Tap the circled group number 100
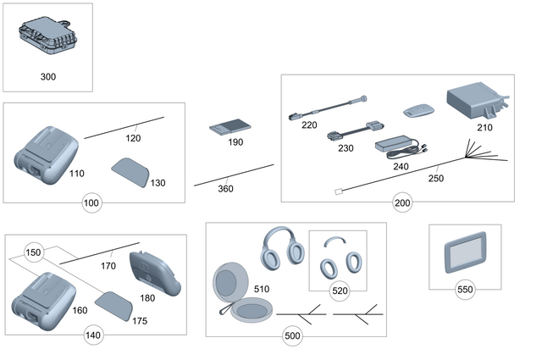[91, 203]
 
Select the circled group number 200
[402, 203]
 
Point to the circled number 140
[92, 335]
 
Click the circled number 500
[292, 336]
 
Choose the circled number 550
[464, 288]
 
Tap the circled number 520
[339, 291]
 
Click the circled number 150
[33, 252]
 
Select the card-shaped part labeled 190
[225, 127]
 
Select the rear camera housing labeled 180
[155, 273]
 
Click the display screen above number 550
[464, 254]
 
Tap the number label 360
[225, 189]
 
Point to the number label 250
[435, 178]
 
